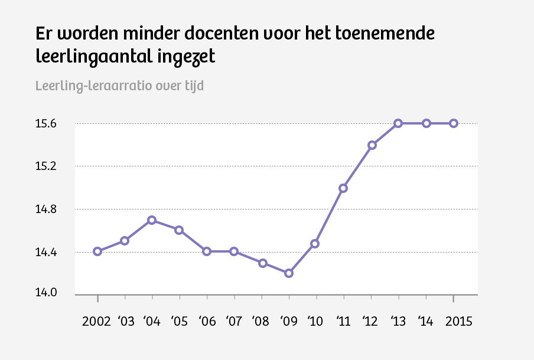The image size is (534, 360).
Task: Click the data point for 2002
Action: click(x=97, y=251)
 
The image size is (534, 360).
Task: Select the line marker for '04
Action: click(x=152, y=220)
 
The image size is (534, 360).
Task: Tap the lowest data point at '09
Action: click(x=289, y=273)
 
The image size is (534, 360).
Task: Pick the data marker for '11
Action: click(x=343, y=188)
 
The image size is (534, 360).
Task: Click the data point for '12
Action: click(x=372, y=145)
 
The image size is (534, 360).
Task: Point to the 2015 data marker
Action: click(x=454, y=123)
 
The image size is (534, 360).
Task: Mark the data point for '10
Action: click(x=315, y=244)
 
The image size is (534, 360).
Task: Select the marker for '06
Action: click(x=207, y=251)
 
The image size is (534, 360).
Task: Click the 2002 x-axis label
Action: click(x=97, y=322)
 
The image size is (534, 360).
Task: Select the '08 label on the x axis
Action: click(x=261, y=322)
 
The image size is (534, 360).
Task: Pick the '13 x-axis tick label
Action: click(x=398, y=322)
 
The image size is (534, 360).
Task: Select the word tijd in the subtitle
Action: click(x=192, y=86)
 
